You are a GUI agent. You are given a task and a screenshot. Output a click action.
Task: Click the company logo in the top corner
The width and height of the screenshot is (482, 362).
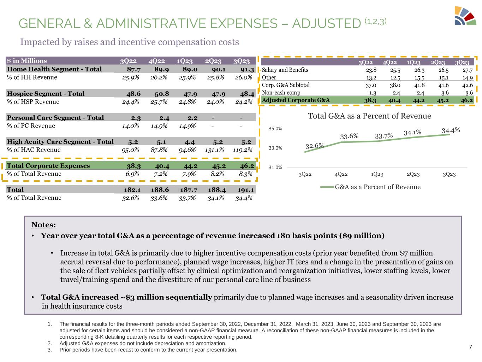point(465,16)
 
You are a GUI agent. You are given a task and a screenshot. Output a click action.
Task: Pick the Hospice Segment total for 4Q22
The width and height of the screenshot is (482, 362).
point(162,94)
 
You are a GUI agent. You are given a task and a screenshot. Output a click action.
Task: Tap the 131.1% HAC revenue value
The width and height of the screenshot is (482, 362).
point(214,150)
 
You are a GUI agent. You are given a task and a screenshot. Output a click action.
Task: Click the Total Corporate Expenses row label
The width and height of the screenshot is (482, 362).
point(48,166)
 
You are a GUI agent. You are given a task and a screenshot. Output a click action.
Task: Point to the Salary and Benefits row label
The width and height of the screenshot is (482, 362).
point(285,70)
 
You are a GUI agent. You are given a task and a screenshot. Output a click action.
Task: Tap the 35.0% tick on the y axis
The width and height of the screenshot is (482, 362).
point(275,129)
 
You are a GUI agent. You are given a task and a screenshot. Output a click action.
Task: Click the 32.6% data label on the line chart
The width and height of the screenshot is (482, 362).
point(315,146)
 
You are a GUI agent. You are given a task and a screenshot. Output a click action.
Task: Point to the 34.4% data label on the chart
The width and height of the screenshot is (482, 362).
point(451,130)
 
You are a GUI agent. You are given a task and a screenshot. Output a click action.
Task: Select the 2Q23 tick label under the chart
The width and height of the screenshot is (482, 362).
point(413,174)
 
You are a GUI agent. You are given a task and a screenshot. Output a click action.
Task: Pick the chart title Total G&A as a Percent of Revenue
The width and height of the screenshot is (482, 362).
point(369,116)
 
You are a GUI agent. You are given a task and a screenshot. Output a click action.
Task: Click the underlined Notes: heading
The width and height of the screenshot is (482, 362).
point(44,225)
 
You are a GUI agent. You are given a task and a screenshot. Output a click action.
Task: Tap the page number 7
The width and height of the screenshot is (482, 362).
point(470,347)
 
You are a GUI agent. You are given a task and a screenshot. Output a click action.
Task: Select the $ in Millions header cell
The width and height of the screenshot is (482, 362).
point(27,61)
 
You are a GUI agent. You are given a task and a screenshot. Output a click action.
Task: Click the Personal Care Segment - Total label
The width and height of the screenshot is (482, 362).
point(55,118)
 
